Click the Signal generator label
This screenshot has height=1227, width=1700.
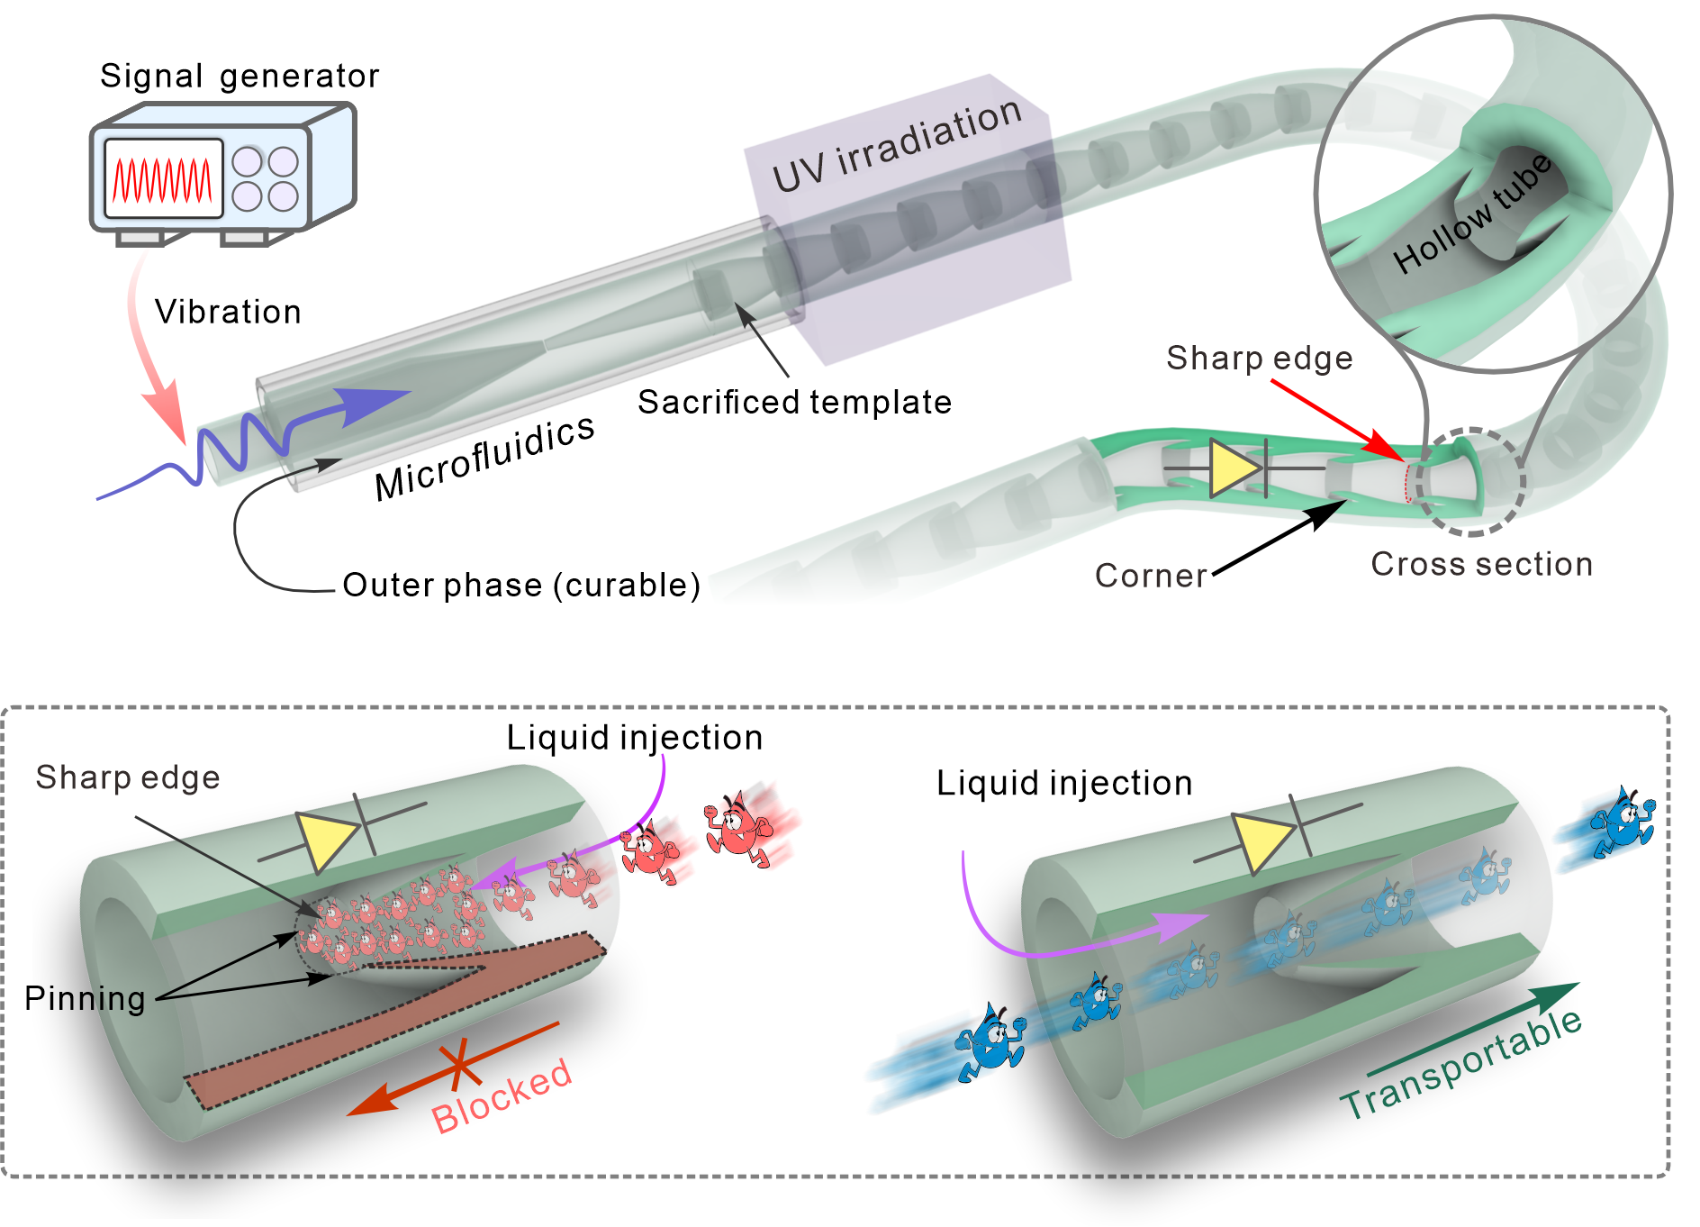[239, 77]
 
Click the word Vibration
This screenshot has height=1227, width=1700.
[228, 313]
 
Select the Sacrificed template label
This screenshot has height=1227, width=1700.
[794, 403]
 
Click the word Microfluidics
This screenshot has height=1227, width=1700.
[484, 458]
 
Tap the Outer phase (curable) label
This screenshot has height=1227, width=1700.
[521, 586]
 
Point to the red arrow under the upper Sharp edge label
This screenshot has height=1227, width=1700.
[1336, 420]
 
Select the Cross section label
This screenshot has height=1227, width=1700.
[1481, 565]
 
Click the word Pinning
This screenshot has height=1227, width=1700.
[85, 999]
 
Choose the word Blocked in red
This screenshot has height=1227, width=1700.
[502, 1095]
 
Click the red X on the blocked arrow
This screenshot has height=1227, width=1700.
[459, 1064]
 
